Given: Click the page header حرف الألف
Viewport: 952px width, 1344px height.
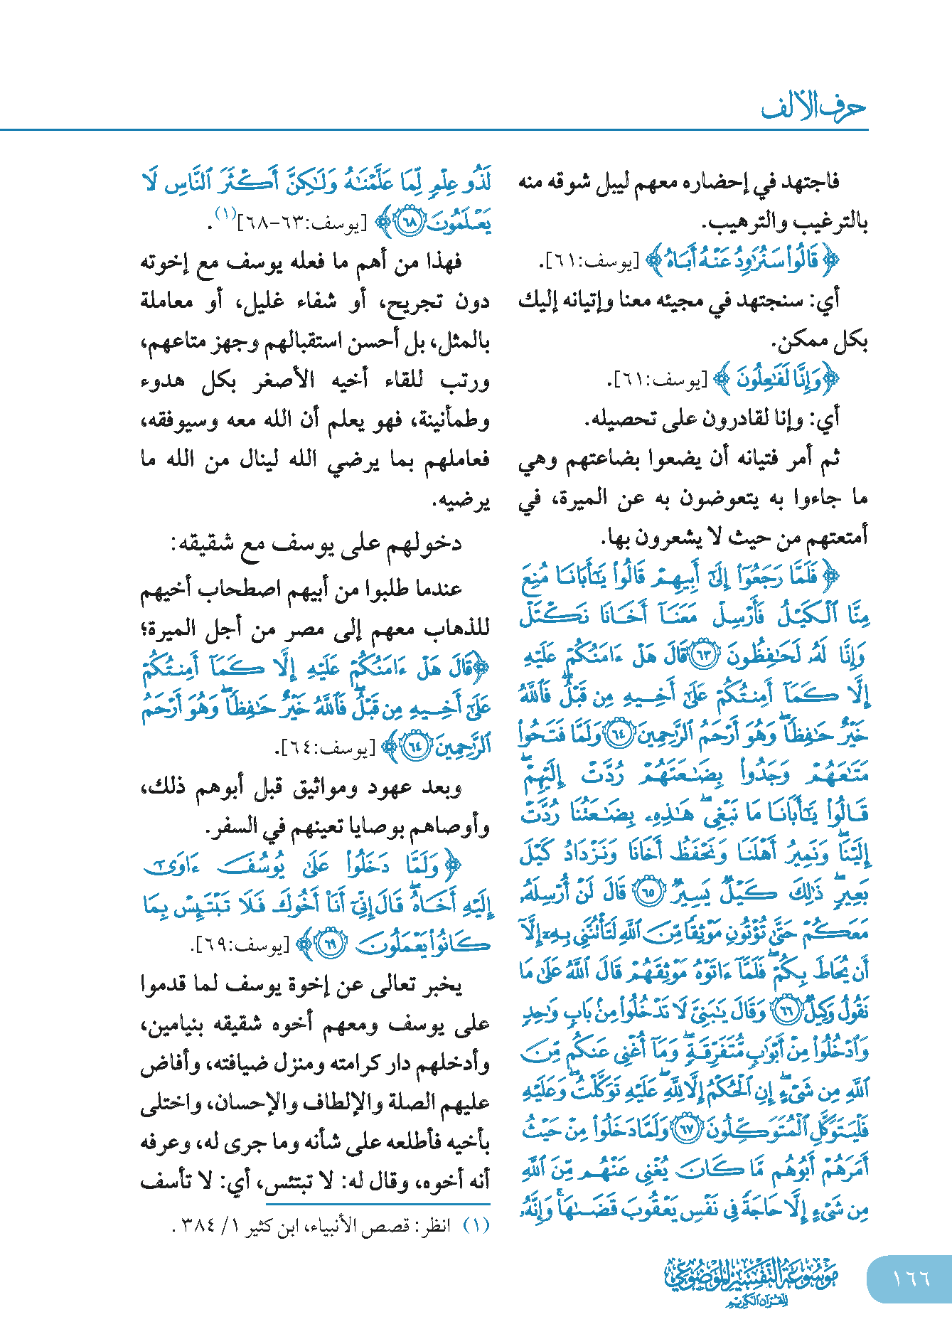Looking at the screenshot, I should point(813,107).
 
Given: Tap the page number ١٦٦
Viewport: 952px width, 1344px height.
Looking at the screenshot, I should point(911,1279).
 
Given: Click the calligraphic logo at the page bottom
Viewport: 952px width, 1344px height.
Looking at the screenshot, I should point(752,1281).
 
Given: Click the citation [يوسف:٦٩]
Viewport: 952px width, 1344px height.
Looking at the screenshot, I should point(241,946).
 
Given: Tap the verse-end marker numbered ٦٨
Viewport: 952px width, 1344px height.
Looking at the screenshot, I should point(410,222).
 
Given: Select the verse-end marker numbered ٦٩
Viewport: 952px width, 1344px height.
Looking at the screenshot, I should point(329,944).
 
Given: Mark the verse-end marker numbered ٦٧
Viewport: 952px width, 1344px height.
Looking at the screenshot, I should point(686,1129).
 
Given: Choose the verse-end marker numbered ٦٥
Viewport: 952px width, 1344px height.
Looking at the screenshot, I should point(648,892).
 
